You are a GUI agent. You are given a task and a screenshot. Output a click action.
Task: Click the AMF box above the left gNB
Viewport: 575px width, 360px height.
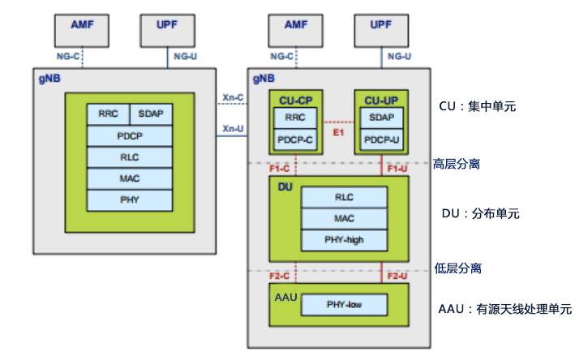(80, 29)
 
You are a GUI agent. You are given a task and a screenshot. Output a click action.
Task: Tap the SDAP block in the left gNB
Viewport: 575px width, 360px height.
(150, 114)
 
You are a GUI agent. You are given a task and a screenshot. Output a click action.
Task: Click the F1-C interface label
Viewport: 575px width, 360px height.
(281, 169)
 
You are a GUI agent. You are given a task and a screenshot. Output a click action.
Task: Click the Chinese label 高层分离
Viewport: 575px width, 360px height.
(457, 164)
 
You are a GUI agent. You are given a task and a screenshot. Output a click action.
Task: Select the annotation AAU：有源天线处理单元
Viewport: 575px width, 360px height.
(504, 309)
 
